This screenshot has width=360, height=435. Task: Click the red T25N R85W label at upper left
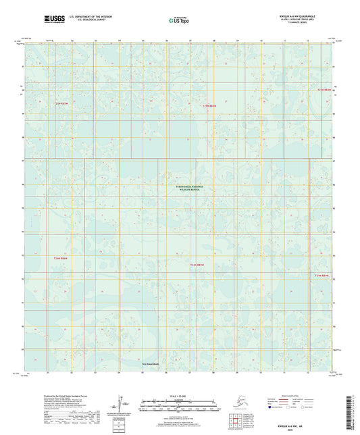[61, 103]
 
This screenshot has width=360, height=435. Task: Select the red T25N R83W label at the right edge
[326, 89]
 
